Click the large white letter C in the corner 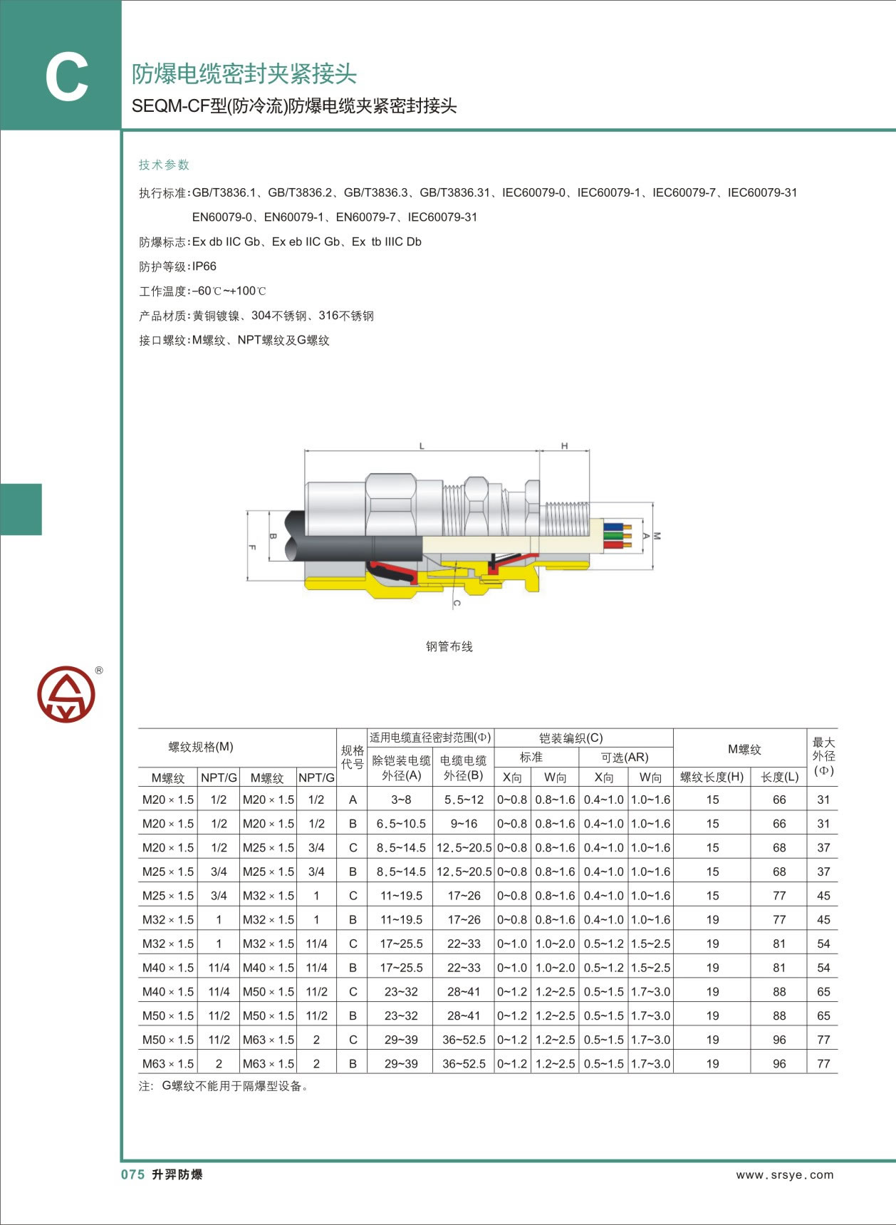[x=66, y=78]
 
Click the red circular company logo [x=66, y=694]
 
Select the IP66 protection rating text [x=204, y=267]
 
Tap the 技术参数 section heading [x=164, y=165]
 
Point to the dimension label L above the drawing [x=422, y=446]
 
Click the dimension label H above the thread [x=564, y=446]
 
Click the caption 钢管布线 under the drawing [x=449, y=646]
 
